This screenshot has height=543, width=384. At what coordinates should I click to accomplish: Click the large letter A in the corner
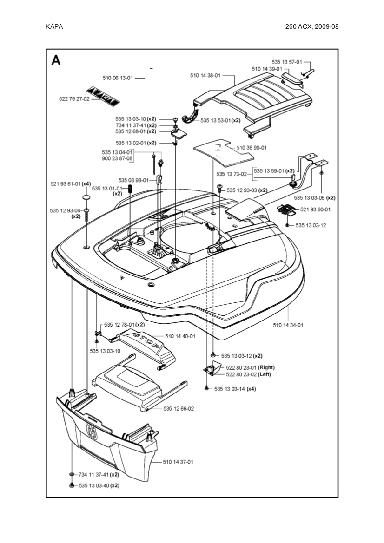coord(56,60)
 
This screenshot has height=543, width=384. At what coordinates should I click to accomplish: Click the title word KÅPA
coord(54,26)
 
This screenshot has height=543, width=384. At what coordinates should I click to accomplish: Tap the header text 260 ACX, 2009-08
coord(312,26)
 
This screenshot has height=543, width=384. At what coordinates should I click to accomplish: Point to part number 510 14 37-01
coord(178,462)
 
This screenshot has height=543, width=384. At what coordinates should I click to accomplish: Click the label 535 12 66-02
coord(179,409)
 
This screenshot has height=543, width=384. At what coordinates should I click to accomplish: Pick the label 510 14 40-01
coord(180,336)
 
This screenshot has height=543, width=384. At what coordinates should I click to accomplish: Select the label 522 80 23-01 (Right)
coord(250,367)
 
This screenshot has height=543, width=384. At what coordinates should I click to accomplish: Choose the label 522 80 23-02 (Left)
coord(248,374)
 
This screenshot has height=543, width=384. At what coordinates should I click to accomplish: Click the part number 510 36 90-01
coord(252,148)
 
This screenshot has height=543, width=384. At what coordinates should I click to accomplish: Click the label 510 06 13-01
coord(118,78)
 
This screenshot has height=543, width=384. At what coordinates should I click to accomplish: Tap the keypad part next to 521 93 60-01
coord(286,208)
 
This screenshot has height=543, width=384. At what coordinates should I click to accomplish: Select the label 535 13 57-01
coord(287,62)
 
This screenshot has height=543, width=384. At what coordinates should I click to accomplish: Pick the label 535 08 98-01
coord(133,180)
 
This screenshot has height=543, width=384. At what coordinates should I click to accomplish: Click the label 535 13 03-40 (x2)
coord(99,485)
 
